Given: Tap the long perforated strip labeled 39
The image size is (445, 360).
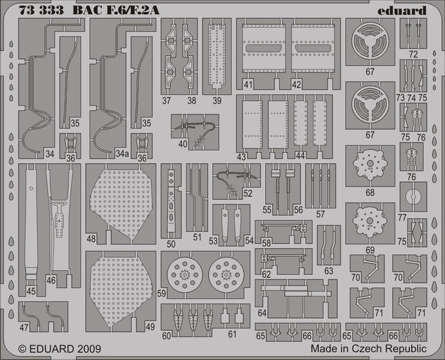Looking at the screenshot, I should pos(217,55).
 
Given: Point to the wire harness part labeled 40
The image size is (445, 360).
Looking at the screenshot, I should pos(192,126).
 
